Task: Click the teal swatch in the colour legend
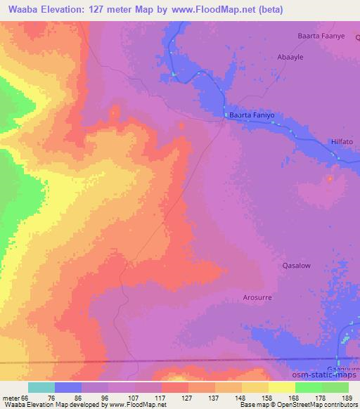click(41, 387)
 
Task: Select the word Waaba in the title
click(22, 9)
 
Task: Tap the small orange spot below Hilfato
click(329, 178)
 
